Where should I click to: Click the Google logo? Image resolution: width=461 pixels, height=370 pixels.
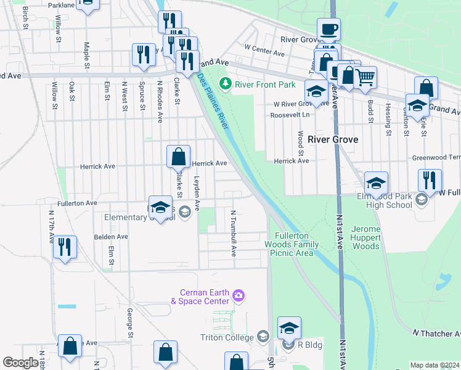20,363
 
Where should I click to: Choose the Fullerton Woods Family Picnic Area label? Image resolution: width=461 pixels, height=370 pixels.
292,245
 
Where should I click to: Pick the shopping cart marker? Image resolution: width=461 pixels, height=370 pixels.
365,77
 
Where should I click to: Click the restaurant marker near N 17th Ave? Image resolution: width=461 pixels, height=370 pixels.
65,247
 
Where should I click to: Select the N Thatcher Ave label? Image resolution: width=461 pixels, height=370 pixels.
436,334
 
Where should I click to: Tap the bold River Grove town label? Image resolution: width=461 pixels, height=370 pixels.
333,140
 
